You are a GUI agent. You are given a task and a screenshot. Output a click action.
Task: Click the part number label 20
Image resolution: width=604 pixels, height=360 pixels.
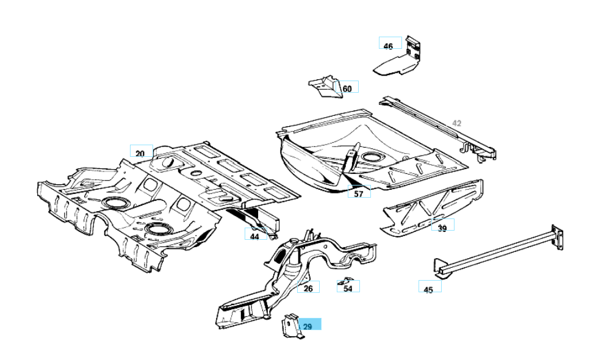[140, 153]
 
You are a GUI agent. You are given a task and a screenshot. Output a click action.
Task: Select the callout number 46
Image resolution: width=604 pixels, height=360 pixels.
[389, 46]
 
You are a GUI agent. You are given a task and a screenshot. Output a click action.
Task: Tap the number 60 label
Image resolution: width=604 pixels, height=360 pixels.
[347, 88]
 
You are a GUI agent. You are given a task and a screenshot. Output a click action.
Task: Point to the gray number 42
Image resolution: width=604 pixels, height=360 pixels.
[457, 123]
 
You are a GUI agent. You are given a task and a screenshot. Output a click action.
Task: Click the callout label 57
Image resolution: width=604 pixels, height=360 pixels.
[359, 194]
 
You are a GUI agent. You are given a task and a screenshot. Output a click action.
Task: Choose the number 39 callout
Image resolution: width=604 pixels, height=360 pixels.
[442, 228]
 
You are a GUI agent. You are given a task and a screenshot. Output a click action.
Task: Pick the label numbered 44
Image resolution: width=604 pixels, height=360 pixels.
[254, 236]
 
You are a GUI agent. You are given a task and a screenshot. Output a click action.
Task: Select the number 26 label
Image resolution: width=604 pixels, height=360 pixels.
[308, 289]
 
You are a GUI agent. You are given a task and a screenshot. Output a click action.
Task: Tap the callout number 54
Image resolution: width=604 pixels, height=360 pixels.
[348, 288]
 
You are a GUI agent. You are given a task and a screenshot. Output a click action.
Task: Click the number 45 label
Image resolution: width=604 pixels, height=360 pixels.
[428, 289]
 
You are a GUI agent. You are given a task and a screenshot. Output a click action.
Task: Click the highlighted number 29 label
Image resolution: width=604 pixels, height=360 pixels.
[309, 326]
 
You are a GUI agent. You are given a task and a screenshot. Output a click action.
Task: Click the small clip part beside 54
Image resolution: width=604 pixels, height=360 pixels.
[342, 283]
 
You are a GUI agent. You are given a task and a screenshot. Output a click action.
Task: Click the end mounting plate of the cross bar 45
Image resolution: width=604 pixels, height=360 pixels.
[556, 236]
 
